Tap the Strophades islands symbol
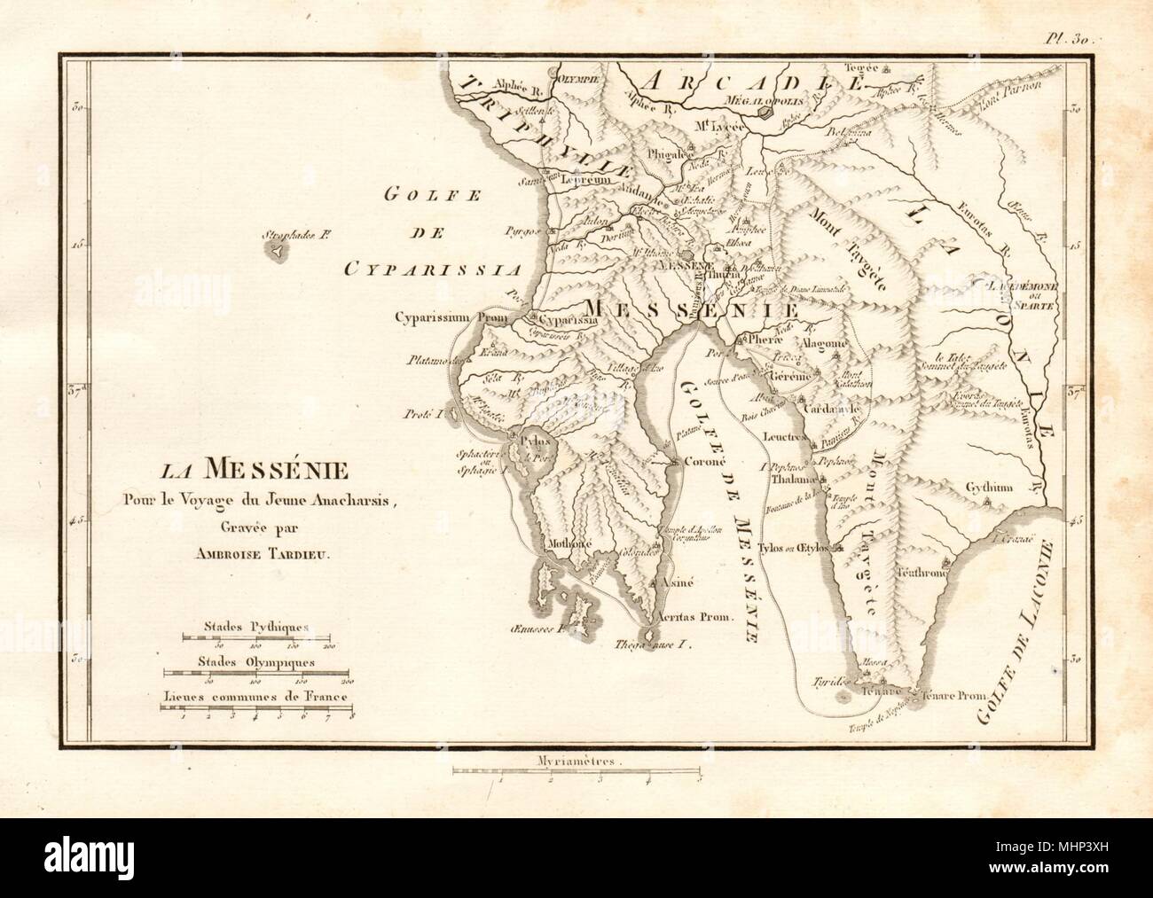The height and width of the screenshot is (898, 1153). (278, 251)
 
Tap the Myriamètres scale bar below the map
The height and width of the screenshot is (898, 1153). (577, 771)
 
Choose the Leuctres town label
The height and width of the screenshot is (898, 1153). (781, 437)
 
